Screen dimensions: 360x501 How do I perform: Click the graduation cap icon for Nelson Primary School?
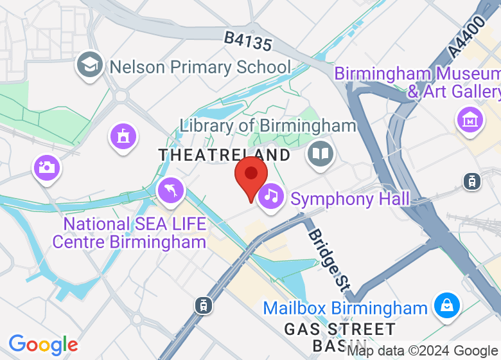(x=90, y=65)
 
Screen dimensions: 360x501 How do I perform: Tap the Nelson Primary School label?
(x=200, y=67)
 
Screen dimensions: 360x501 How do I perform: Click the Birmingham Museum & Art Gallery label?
(x=417, y=83)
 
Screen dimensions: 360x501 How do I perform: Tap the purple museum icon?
(x=469, y=119)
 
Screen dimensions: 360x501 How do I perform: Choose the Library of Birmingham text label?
(x=267, y=125)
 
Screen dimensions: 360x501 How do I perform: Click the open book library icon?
(x=319, y=154)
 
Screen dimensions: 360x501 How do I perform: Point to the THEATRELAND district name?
(x=224, y=155)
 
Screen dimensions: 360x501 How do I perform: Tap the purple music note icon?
(x=271, y=195)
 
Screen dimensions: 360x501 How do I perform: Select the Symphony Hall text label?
(x=350, y=199)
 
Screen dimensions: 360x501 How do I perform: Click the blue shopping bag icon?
(x=444, y=305)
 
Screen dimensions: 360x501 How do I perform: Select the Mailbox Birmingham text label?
(x=346, y=308)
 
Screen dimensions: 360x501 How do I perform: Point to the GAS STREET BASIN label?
(x=340, y=337)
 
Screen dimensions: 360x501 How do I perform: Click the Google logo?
(x=43, y=345)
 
